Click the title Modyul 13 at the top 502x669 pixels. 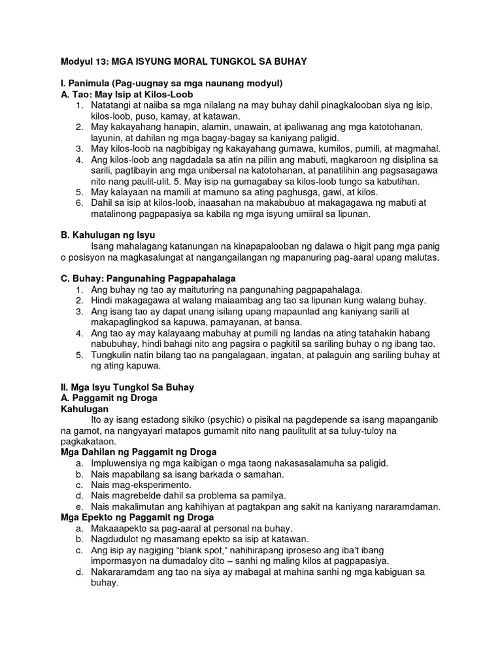click(x=176, y=61)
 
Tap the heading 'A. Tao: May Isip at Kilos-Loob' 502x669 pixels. click(x=124, y=94)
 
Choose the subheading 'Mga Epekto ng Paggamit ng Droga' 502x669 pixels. click(x=136, y=517)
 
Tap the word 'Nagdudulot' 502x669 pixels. click(x=119, y=539)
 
